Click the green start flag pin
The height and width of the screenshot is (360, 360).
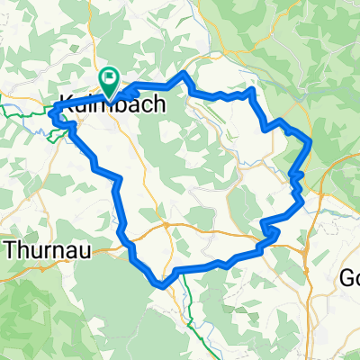pyautogui.click(x=110, y=82)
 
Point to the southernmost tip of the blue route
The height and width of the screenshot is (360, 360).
pyautogui.click(x=161, y=286)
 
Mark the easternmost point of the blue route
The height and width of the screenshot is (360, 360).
pyautogui.click(x=310, y=140)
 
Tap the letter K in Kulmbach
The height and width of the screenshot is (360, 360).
pyautogui.click(x=64, y=104)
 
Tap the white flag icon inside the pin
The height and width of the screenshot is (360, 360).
pyautogui.click(x=110, y=78)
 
